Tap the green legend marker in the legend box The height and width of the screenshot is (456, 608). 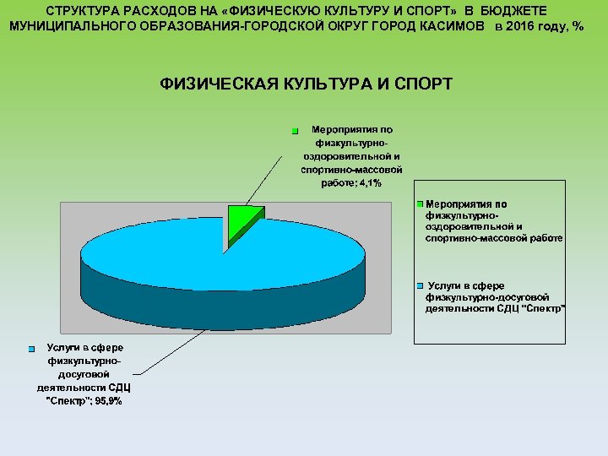(421, 205)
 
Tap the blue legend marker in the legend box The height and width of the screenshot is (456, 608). (421, 286)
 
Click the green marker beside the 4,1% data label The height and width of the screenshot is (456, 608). (295, 132)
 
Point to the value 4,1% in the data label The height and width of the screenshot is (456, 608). (369, 183)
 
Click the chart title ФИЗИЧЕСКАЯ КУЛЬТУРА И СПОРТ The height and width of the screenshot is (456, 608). (306, 84)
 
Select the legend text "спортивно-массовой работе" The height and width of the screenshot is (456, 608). (494, 238)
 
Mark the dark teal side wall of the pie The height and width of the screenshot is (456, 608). (211, 304)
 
